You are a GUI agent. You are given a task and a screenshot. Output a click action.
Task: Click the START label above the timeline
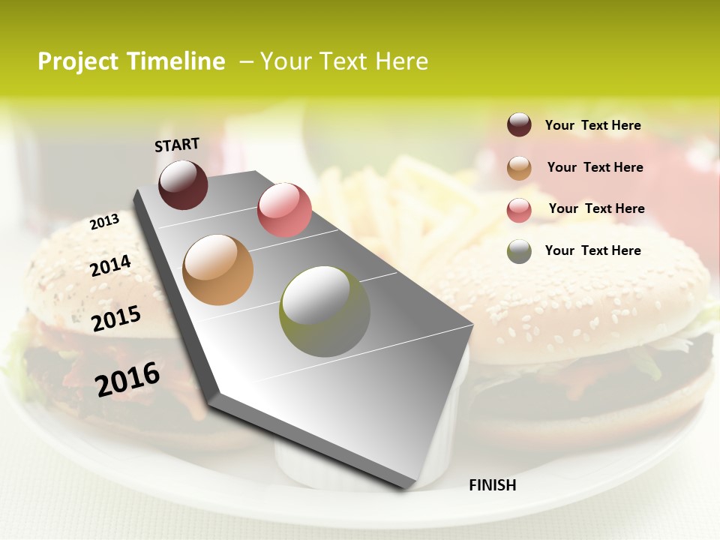point(177,145)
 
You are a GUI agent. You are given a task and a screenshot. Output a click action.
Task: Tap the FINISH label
point(493,485)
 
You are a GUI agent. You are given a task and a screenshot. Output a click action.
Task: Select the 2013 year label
point(104,222)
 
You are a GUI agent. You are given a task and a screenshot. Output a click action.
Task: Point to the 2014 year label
point(110,265)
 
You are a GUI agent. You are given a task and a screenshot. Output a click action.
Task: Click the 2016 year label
point(127,379)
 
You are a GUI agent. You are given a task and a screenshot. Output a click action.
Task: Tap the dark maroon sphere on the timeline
point(183,184)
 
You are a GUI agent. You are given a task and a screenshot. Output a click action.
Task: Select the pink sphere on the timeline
point(284,209)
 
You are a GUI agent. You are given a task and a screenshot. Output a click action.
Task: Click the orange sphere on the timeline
point(218,270)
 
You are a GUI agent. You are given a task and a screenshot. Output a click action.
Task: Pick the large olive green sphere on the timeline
point(325,311)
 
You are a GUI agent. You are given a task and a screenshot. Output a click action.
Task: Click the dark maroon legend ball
point(519,124)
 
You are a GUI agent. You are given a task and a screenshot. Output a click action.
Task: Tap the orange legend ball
point(519,167)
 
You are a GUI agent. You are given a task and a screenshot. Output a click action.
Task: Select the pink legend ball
point(519,209)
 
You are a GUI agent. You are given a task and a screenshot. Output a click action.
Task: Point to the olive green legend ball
point(519,251)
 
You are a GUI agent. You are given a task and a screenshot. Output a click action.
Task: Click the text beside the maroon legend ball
point(593,125)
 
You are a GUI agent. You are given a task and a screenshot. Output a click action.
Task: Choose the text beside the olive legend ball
point(593,250)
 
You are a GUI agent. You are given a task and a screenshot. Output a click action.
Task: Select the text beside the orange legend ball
point(595,167)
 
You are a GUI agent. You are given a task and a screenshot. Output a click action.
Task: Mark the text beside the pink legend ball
point(597,208)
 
